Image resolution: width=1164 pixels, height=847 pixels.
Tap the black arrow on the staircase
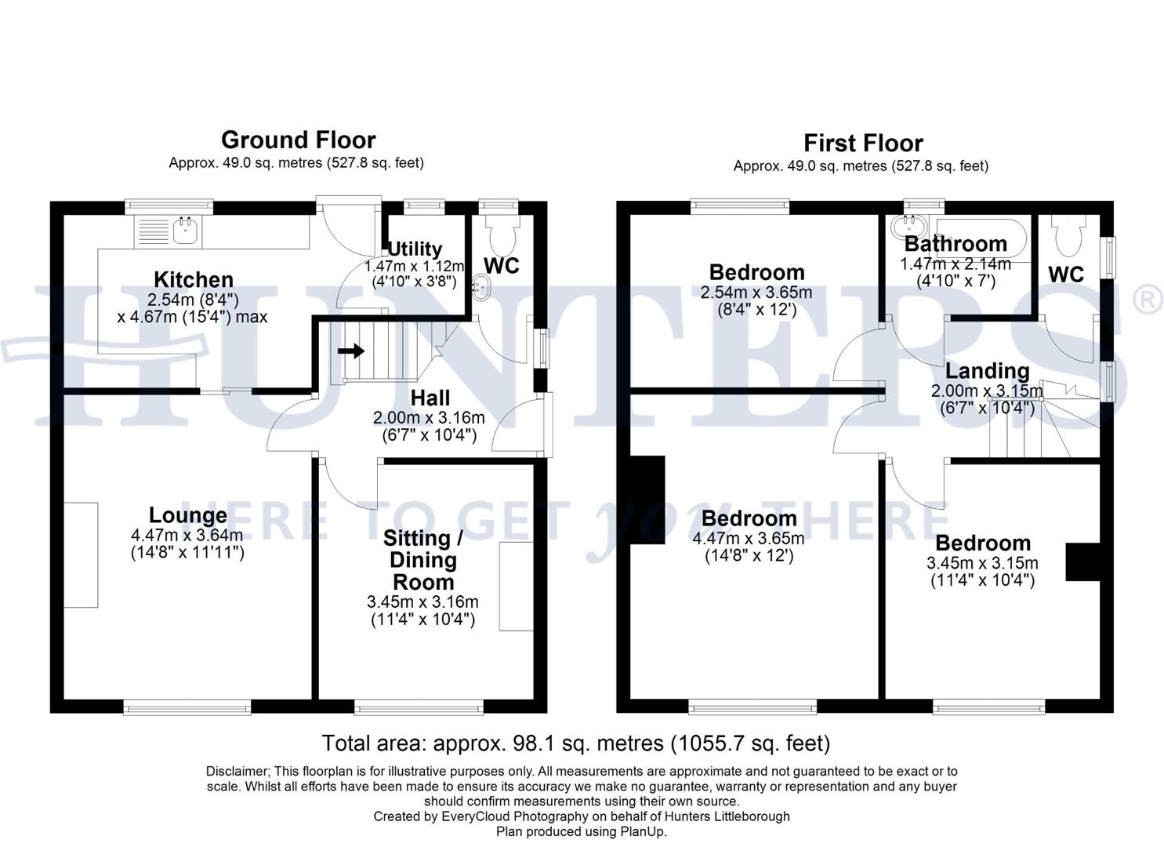[352, 351]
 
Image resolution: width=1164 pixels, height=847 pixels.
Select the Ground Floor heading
[298, 140]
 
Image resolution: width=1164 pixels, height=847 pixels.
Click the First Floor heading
[862, 144]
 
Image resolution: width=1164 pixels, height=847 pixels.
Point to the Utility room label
[415, 249]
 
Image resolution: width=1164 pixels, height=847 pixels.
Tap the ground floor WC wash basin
[480, 287]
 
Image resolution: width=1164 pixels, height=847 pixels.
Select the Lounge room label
[188, 515]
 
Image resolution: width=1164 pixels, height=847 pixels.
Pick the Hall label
[430, 397]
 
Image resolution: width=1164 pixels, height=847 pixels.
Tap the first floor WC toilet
[1067, 234]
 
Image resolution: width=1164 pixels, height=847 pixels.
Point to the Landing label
[987, 370]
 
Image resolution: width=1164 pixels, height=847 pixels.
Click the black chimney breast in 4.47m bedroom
[647, 500]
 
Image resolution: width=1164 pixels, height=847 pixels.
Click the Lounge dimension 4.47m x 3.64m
[187, 536]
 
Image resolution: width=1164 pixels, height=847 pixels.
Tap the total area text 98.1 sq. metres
[575, 743]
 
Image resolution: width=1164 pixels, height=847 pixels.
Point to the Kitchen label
[193, 279]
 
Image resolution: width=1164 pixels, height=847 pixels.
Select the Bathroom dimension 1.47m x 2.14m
[955, 264]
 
